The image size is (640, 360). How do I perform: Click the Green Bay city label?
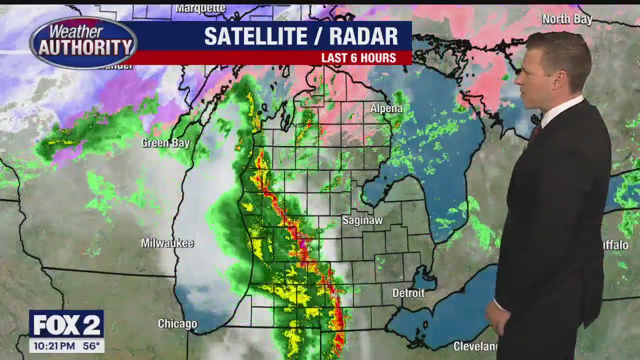pyautogui.click(x=165, y=143)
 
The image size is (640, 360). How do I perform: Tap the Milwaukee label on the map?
pyautogui.click(x=167, y=243)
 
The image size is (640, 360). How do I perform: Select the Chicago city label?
pyautogui.click(x=177, y=324)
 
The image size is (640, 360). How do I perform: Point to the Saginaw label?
pyautogui.click(x=362, y=220)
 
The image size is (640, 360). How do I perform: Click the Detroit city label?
pyautogui.click(x=408, y=293)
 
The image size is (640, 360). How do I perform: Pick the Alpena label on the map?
pyautogui.click(x=386, y=108)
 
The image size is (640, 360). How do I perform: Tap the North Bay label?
pyautogui.click(x=567, y=19)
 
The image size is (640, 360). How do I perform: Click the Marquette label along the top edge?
pyautogui.click(x=200, y=8)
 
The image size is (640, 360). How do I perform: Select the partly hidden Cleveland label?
pyautogui.click(x=475, y=346)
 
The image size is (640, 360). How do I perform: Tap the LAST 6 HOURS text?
pyautogui.click(x=358, y=58)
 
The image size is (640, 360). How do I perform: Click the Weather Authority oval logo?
pyautogui.click(x=83, y=42)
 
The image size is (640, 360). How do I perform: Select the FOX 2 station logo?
pyautogui.click(x=66, y=324)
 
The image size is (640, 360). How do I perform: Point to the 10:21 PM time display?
pyautogui.click(x=54, y=346)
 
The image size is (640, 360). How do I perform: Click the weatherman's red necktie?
pyautogui.click(x=535, y=132)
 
